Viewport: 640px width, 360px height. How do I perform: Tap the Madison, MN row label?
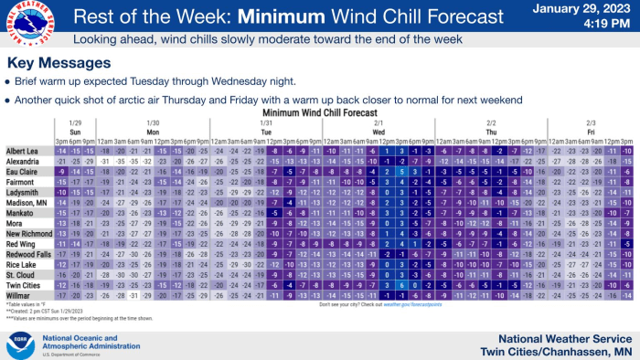point(23,201)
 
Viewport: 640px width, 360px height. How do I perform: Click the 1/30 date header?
point(154,122)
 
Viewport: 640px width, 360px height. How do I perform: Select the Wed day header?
point(379,132)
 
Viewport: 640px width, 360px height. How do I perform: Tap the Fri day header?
point(591,132)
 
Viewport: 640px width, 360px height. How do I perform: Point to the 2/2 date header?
point(492,122)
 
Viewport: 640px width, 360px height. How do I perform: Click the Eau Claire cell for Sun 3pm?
point(62,171)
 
